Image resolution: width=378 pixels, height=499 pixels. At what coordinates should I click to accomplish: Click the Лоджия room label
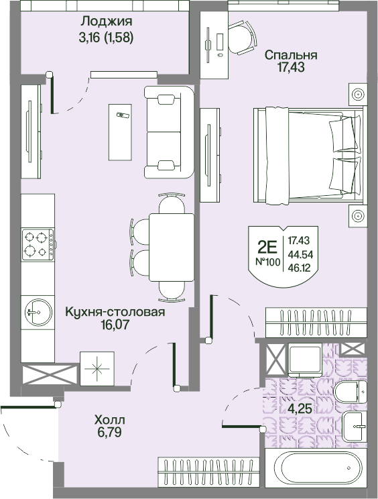106,21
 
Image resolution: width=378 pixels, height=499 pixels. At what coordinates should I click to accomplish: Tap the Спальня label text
291,55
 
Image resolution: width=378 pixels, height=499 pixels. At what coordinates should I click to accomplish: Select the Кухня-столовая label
115,312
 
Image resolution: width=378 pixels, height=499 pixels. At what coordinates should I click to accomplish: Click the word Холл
110,420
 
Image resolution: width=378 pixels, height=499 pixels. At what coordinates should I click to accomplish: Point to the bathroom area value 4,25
299,408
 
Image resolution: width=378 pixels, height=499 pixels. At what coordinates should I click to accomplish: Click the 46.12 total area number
299,269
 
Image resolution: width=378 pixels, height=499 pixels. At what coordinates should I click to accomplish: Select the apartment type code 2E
267,246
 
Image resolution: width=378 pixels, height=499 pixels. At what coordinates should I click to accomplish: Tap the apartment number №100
268,262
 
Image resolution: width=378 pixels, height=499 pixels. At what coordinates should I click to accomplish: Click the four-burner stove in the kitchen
38,244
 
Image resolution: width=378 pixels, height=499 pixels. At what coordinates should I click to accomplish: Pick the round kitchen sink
38,312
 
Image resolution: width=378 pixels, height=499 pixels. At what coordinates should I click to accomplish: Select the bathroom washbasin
355,427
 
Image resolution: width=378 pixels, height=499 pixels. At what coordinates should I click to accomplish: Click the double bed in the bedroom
308,155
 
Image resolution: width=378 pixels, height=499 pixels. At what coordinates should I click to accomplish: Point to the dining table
172,247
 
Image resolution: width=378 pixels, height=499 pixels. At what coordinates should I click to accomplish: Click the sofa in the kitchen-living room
169,131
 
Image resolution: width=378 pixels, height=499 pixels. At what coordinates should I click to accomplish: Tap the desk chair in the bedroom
242,38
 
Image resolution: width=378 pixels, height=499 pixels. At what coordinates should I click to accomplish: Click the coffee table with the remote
120,132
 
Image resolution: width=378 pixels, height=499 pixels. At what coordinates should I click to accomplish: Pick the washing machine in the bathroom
304,361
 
